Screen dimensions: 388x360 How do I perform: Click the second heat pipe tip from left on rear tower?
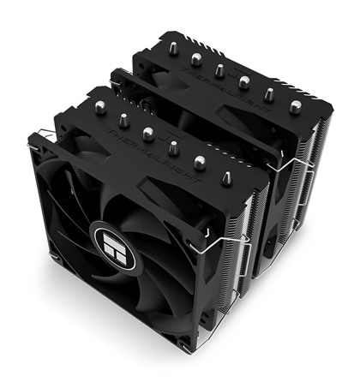coord(197,59)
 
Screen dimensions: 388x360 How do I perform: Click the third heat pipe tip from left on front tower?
coord(147,133)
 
